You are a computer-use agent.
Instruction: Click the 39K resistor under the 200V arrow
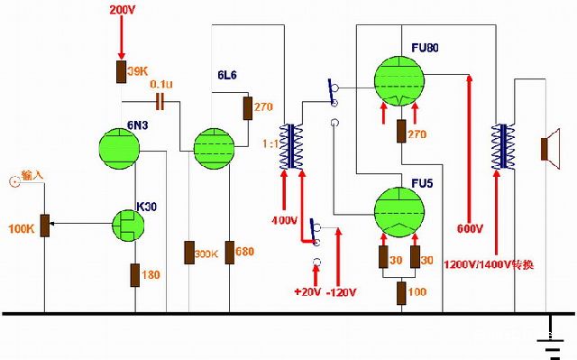point(119,71)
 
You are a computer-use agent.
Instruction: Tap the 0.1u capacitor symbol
point(161,98)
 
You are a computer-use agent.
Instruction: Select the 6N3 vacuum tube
point(119,148)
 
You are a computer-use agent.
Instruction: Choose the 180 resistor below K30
point(133,274)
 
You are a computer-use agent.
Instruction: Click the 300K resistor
point(189,252)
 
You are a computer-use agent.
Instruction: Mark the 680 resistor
point(230,252)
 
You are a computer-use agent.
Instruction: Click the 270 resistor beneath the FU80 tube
point(400,132)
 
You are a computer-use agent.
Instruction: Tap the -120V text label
point(343,293)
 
